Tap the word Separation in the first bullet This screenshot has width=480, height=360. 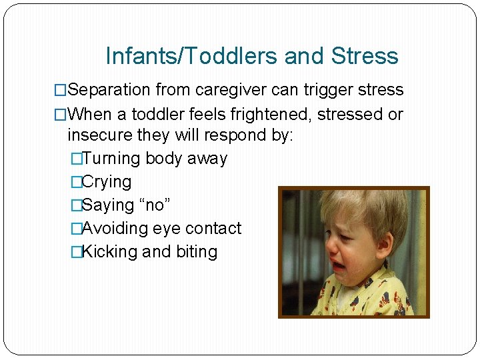coord(109,90)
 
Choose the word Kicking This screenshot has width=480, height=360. coord(109,251)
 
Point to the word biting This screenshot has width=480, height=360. coord(197,251)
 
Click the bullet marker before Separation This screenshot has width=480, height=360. coord(61,90)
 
